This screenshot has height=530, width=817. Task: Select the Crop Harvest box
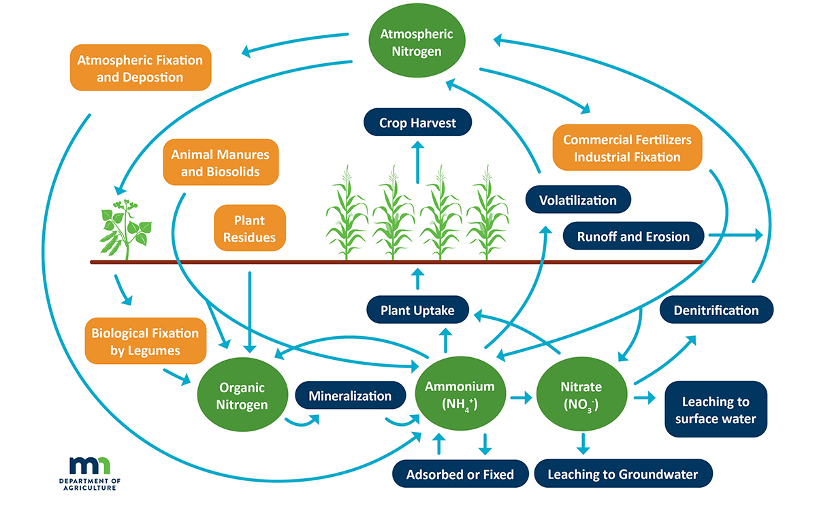click(x=417, y=124)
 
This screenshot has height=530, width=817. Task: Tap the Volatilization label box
click(x=577, y=200)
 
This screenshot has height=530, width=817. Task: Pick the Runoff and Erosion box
click(x=633, y=237)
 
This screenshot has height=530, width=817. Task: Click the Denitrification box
click(x=716, y=310)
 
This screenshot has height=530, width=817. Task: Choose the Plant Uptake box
click(x=418, y=310)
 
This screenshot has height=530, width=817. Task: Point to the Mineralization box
click(x=350, y=396)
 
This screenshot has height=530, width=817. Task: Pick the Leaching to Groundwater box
click(x=622, y=474)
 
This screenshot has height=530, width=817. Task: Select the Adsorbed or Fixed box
click(x=460, y=474)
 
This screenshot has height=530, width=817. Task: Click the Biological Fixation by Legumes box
click(x=145, y=342)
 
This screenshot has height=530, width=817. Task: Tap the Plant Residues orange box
click(x=249, y=229)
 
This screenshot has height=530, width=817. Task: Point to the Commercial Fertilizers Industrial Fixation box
click(x=626, y=148)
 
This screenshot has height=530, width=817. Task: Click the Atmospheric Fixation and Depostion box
click(x=140, y=68)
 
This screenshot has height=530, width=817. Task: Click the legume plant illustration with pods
click(x=125, y=228)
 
